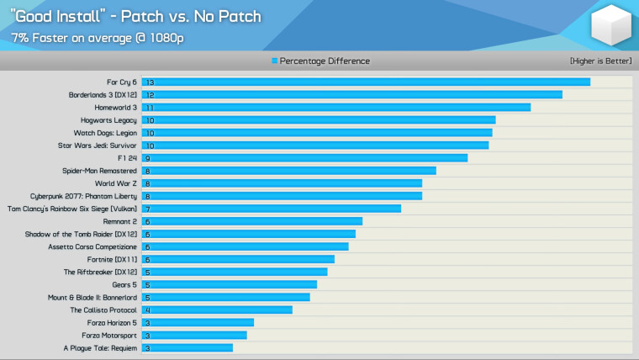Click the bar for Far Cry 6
(x=366, y=82)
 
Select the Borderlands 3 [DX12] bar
(x=351, y=95)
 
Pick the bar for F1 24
(x=304, y=158)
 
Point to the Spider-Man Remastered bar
(x=288, y=171)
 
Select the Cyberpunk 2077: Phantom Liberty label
(x=83, y=196)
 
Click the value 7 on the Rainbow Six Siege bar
(x=147, y=209)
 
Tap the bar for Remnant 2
(x=251, y=221)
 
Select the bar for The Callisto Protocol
(x=217, y=310)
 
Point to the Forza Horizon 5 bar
(x=198, y=322)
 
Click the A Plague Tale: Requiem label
(x=100, y=347)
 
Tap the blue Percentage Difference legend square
(x=274, y=61)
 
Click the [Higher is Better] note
(x=599, y=61)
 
